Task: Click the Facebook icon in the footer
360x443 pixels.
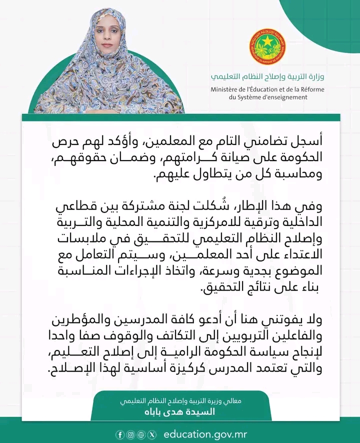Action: [x=120, y=434]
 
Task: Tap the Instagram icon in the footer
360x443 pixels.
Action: [x=130, y=434]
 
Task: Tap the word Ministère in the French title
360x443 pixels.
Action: [x=224, y=89]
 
